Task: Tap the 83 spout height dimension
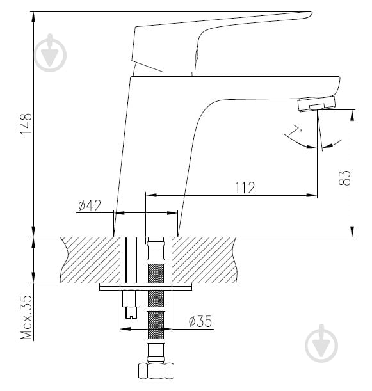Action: click(344, 178)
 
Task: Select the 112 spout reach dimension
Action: click(245, 188)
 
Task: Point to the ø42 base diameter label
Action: click(90, 205)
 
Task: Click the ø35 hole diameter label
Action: click(200, 321)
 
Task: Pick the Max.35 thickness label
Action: click(26, 317)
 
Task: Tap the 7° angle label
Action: click(296, 130)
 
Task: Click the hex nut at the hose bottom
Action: click(156, 371)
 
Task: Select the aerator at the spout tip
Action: click(316, 104)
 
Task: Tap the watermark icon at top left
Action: click(51, 53)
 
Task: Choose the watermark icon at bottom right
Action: click(321, 343)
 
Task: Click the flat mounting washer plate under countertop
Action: click(146, 287)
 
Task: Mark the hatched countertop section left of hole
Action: click(90, 260)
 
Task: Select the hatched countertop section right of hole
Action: click(204, 260)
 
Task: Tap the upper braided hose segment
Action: click(156, 273)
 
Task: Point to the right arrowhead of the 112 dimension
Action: click(312, 195)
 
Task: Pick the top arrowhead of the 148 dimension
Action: click(33, 17)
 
